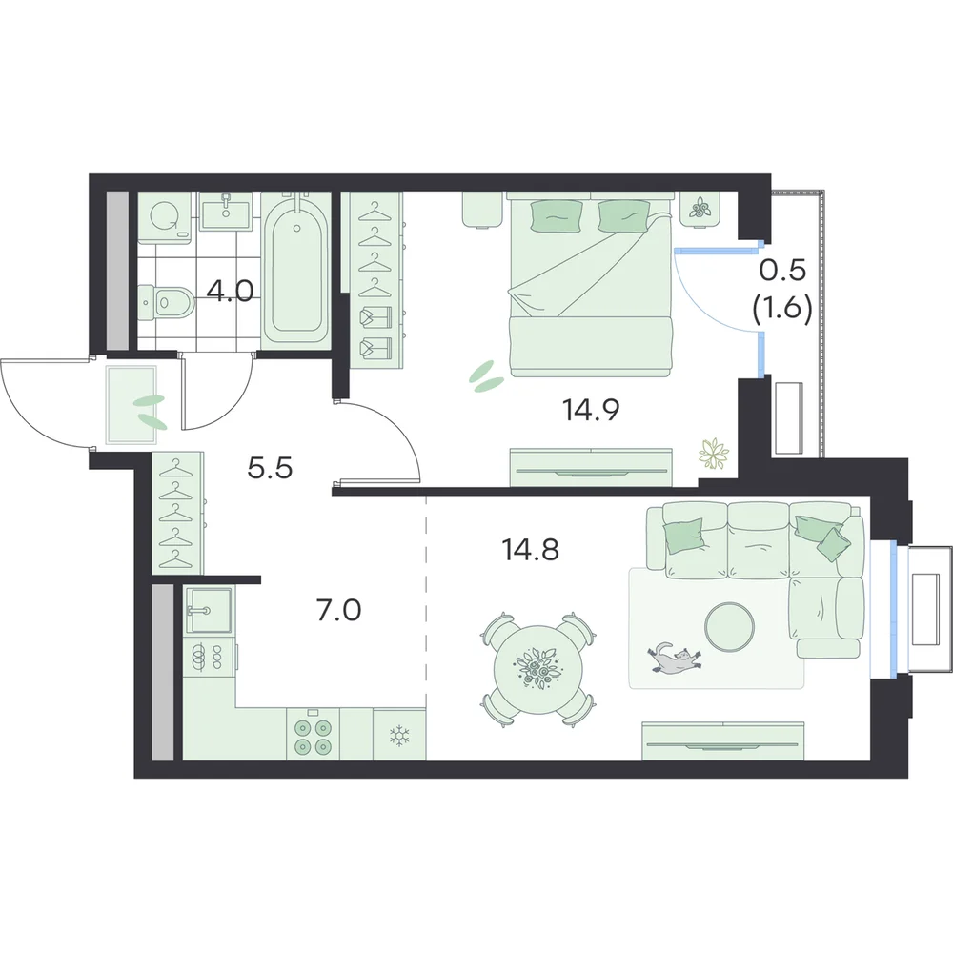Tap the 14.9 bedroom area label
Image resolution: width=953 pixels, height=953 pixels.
click(591, 410)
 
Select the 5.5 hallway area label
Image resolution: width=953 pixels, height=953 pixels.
click(271, 468)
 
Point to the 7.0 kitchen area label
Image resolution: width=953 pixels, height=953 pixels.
click(339, 610)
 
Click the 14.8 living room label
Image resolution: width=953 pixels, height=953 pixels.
click(531, 550)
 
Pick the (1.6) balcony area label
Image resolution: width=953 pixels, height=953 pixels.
click(782, 310)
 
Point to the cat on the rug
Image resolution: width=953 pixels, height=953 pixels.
click(674, 658)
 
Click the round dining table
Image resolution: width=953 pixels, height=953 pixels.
click(536, 669)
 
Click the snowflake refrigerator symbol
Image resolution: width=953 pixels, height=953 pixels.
click(399, 737)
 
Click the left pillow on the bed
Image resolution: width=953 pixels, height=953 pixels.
click(557, 217)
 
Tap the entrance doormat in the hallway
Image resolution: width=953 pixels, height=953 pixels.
click(132, 405)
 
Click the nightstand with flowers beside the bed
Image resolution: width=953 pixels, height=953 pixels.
click(701, 210)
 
